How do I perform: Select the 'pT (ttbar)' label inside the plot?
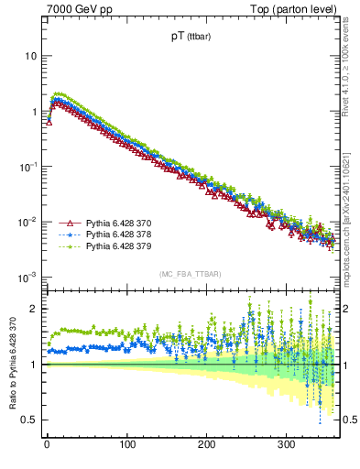[x=191, y=38]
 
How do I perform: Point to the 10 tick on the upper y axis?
[x=31, y=56]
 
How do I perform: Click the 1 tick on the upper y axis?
[x=34, y=112]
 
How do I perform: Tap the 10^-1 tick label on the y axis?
[x=27, y=167]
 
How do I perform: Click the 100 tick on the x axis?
[x=125, y=445]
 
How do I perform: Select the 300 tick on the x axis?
[x=286, y=445]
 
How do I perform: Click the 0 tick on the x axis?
[x=46, y=445]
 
